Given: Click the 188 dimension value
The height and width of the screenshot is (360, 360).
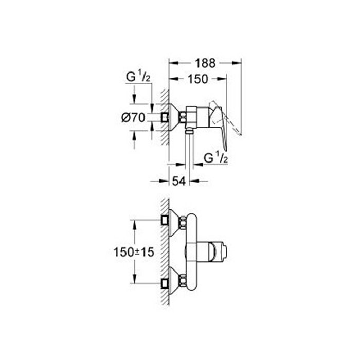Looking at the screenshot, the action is (205, 63).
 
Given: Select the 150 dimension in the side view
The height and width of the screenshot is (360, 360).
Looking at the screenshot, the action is (197, 79).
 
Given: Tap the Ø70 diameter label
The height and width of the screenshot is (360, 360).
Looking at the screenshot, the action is (133, 118).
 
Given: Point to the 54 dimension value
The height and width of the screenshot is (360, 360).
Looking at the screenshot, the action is (179, 182).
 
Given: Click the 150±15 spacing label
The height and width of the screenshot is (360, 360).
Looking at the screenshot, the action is (134, 253).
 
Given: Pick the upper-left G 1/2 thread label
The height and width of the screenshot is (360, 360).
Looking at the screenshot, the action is (138, 77).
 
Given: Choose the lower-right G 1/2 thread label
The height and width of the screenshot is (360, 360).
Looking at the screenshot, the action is (216, 158).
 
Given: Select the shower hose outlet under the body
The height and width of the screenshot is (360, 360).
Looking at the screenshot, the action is (189, 131).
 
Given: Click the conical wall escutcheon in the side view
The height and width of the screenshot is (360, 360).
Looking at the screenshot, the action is (174, 118).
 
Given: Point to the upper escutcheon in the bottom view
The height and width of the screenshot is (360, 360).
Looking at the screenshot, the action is (174, 223).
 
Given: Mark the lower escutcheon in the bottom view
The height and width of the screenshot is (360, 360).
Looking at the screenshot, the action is (174, 280).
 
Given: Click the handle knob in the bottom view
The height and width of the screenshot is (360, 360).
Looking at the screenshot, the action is (218, 252).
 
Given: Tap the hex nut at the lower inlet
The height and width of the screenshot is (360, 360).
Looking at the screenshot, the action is (183, 280).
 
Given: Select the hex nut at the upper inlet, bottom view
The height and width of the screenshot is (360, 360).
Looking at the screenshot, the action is (183, 223).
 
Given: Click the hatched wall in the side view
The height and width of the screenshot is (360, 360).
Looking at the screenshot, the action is (165, 117).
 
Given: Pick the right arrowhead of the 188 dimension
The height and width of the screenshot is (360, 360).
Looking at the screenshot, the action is (237, 63).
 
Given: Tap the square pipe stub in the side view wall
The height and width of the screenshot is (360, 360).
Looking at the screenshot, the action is (165, 118).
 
